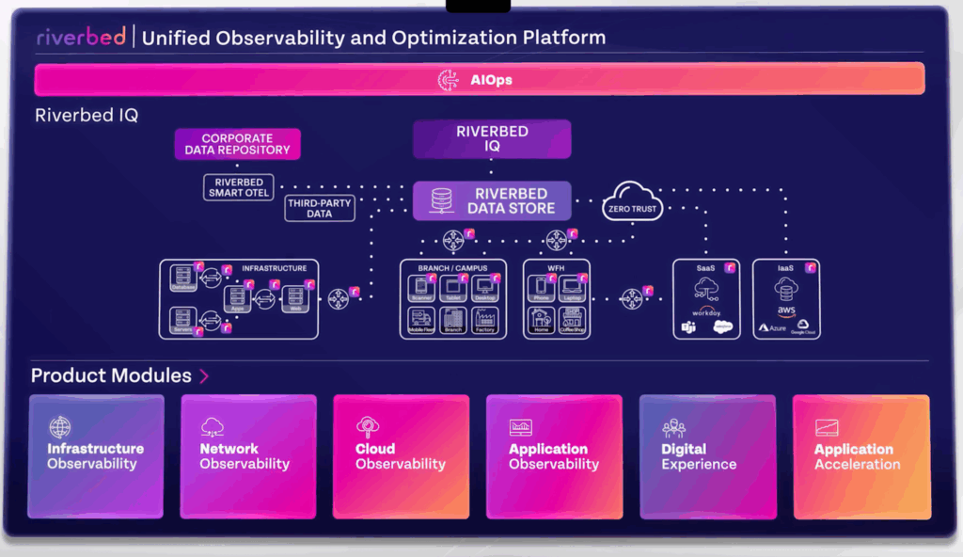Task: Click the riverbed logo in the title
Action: pyautogui.click(x=81, y=38)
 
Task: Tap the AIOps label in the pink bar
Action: pyautogui.click(x=491, y=80)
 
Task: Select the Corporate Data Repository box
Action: pyautogui.click(x=237, y=144)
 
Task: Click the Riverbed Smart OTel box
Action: pyautogui.click(x=239, y=187)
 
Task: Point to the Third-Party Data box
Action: pyautogui.click(x=320, y=208)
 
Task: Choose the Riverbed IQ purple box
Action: pyautogui.click(x=492, y=139)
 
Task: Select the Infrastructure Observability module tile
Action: pyautogui.click(x=96, y=455)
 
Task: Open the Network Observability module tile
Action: pyautogui.click(x=247, y=455)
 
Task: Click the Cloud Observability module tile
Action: pyautogui.click(x=401, y=455)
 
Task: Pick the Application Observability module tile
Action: pyautogui.click(x=554, y=455)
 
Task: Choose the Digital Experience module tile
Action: pyautogui.click(x=706, y=455)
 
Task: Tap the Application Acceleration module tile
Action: pyautogui.click(x=860, y=455)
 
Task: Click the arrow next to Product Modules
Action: pyautogui.click(x=204, y=376)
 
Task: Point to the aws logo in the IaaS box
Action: pyautogui.click(x=785, y=311)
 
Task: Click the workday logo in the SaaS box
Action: pyautogui.click(x=706, y=310)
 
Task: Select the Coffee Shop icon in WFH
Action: pyautogui.click(x=572, y=319)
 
